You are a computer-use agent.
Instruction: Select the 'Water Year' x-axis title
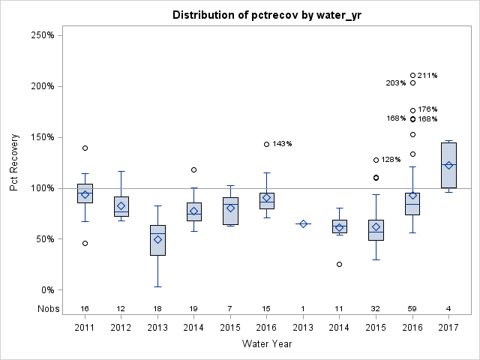click(267, 343)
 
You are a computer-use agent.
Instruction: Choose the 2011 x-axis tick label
click(85, 328)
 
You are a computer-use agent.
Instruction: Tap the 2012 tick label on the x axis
click(121, 328)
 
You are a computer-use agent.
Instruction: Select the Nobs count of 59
click(412, 308)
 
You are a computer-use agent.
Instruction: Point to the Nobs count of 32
click(376, 308)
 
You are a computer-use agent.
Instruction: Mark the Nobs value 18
click(157, 308)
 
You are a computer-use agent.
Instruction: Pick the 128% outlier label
click(391, 160)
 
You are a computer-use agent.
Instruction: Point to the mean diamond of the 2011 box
click(85, 194)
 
